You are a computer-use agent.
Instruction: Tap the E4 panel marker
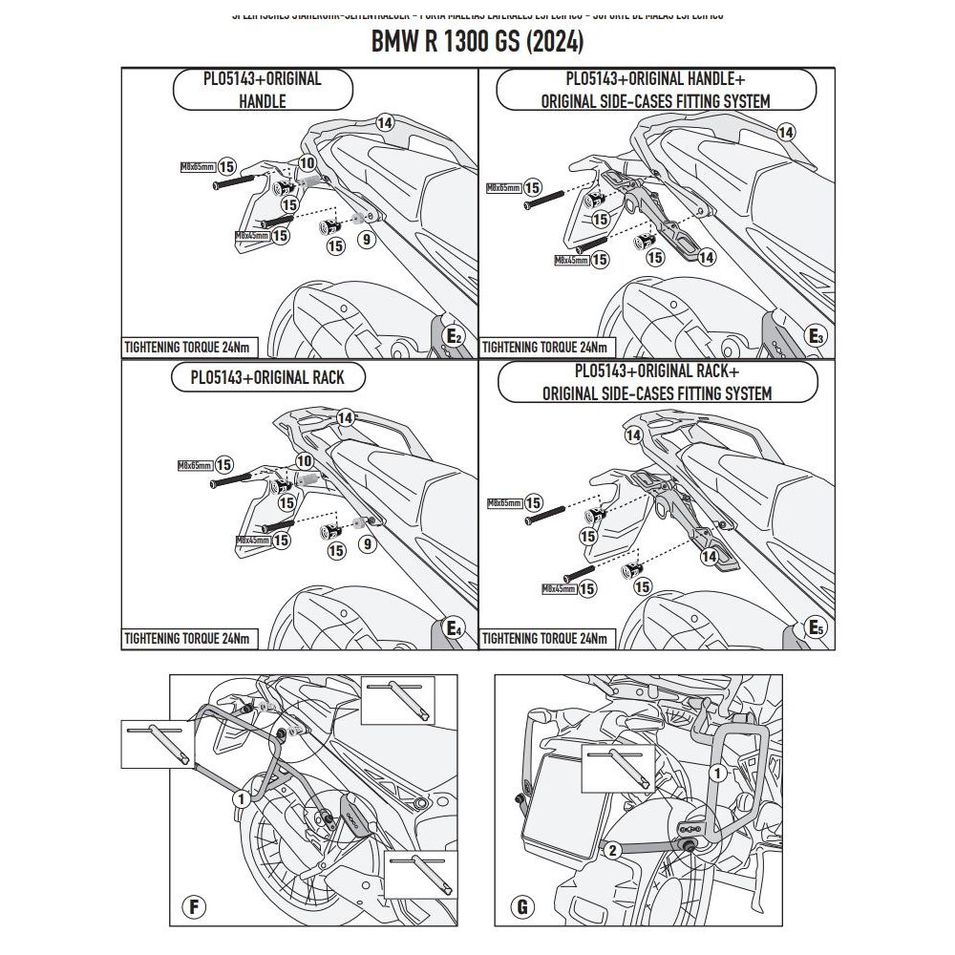(x=455, y=628)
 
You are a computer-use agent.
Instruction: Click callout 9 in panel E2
(x=365, y=240)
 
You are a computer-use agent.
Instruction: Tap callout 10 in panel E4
(x=306, y=460)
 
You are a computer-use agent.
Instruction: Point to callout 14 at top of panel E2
(x=384, y=122)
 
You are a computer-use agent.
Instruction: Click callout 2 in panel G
(x=613, y=847)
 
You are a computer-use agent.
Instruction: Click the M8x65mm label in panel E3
(x=502, y=188)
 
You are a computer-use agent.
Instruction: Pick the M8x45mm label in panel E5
(x=559, y=589)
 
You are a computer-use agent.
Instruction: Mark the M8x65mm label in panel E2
(x=198, y=166)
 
